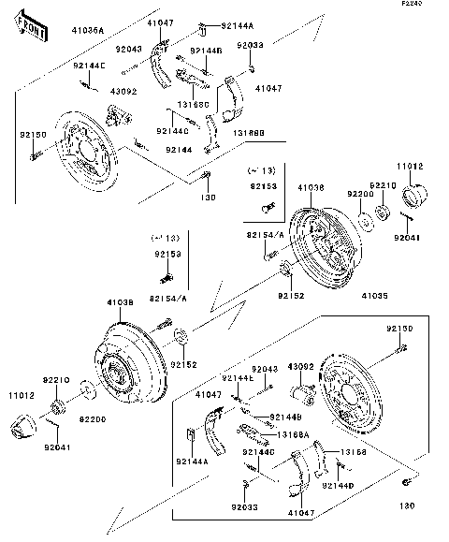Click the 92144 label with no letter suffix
click(179, 149)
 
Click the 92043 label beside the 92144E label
click(266, 370)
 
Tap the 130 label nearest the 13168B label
click(208, 198)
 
